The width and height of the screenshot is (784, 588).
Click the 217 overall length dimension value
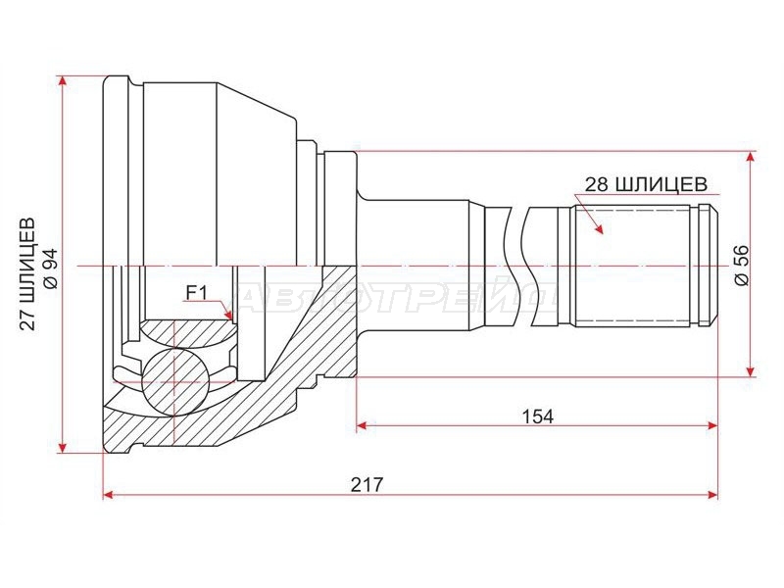click(367, 484)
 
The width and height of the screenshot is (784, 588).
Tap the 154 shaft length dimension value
click(537, 416)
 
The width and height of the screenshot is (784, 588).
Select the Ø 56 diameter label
click(742, 266)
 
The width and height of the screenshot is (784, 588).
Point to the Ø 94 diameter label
click(51, 269)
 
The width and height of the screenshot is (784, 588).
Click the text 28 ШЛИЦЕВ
click(646, 184)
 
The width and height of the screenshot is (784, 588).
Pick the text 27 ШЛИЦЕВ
click(28, 273)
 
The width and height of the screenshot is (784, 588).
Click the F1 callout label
click(196, 292)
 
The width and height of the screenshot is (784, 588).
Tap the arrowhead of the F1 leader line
click(229, 315)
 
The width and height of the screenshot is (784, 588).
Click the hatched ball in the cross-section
click(174, 381)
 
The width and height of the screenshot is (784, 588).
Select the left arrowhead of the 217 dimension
click(108, 495)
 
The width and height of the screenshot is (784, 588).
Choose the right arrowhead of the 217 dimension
click(712, 495)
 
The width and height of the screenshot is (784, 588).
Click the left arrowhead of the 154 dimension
click(362, 426)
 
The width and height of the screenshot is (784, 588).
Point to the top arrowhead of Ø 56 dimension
click(750, 157)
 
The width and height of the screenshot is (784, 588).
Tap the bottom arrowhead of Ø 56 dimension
click(750, 371)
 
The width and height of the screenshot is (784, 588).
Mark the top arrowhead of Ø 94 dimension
click(62, 81)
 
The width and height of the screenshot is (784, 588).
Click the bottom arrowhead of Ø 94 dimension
click(62, 447)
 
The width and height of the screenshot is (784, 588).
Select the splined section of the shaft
click(633, 266)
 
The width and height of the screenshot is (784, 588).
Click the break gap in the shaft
click(518, 266)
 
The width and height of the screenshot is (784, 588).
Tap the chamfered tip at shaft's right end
click(709, 266)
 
